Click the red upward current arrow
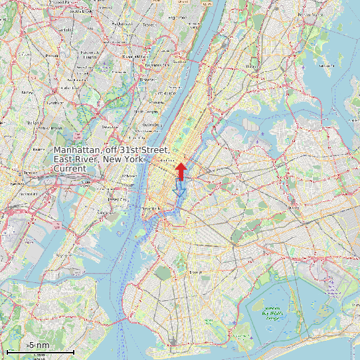[x=180, y=171]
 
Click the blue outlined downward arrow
[x=177, y=189]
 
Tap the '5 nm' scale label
[x=39, y=345]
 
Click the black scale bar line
[x=39, y=351]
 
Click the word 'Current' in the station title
[x=70, y=169]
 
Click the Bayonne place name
[x=63, y=254]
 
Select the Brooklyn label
[x=195, y=271]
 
